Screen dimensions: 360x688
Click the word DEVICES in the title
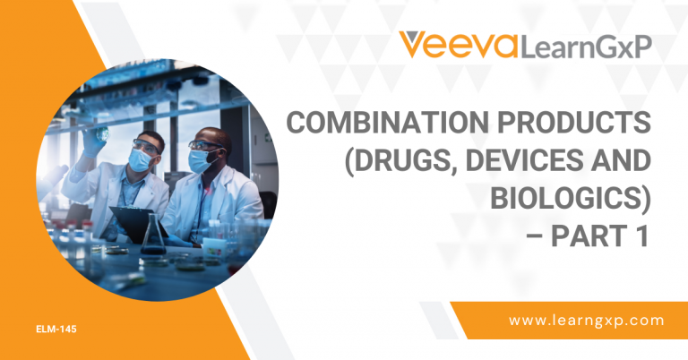(527, 164)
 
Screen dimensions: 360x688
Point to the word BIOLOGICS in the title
(565, 202)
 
